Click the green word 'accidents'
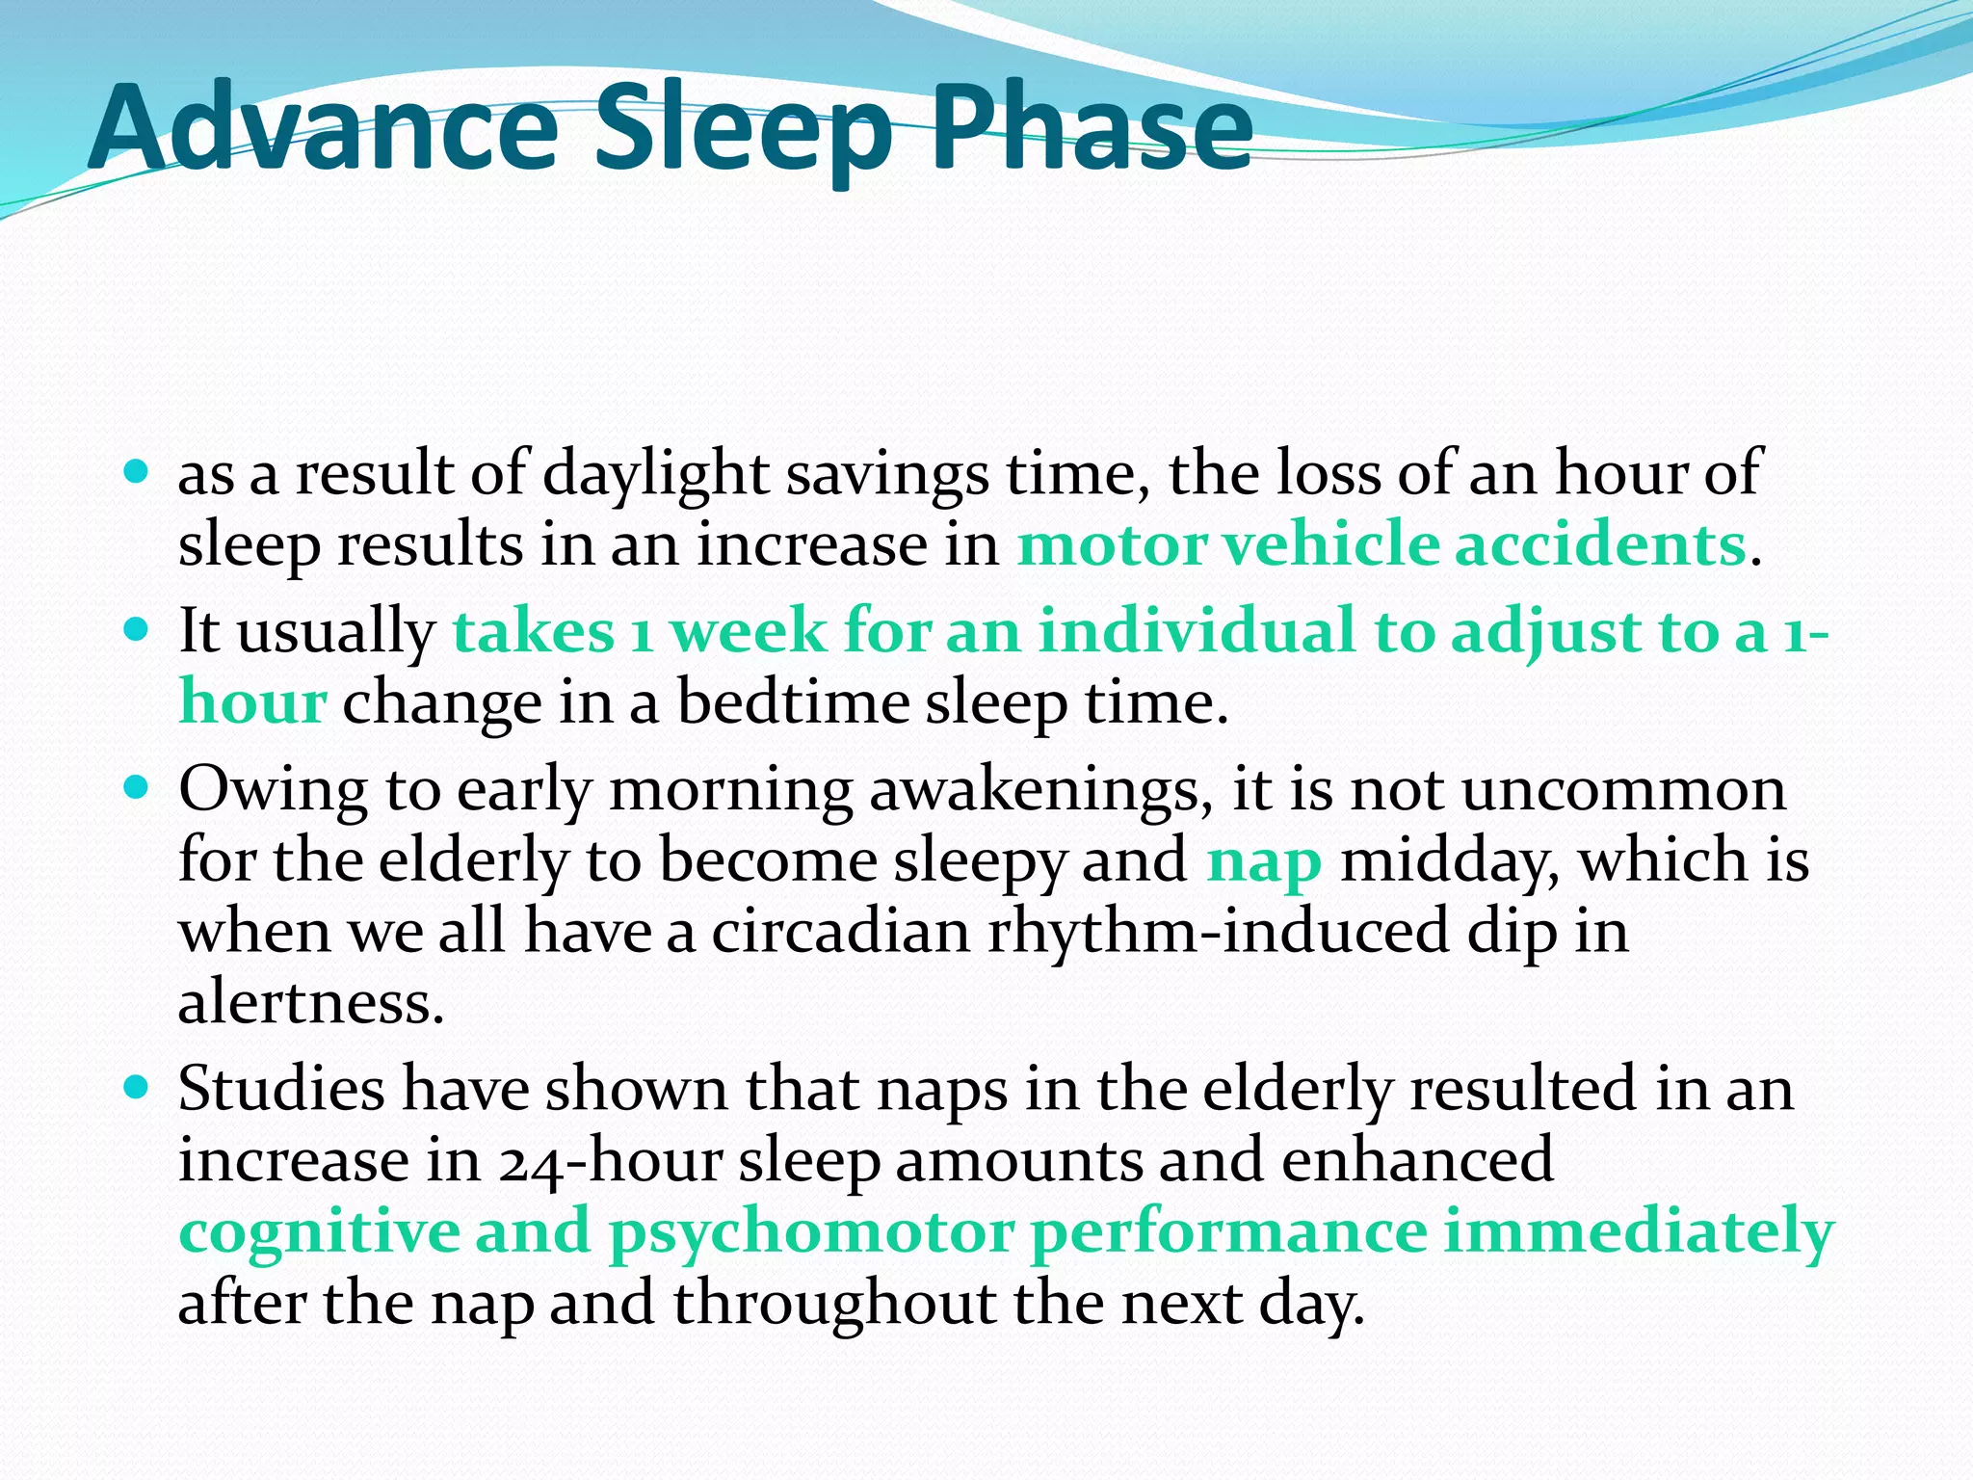[1599, 544]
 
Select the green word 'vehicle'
[1330, 544]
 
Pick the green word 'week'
[748, 632]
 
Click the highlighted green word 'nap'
[1263, 862]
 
